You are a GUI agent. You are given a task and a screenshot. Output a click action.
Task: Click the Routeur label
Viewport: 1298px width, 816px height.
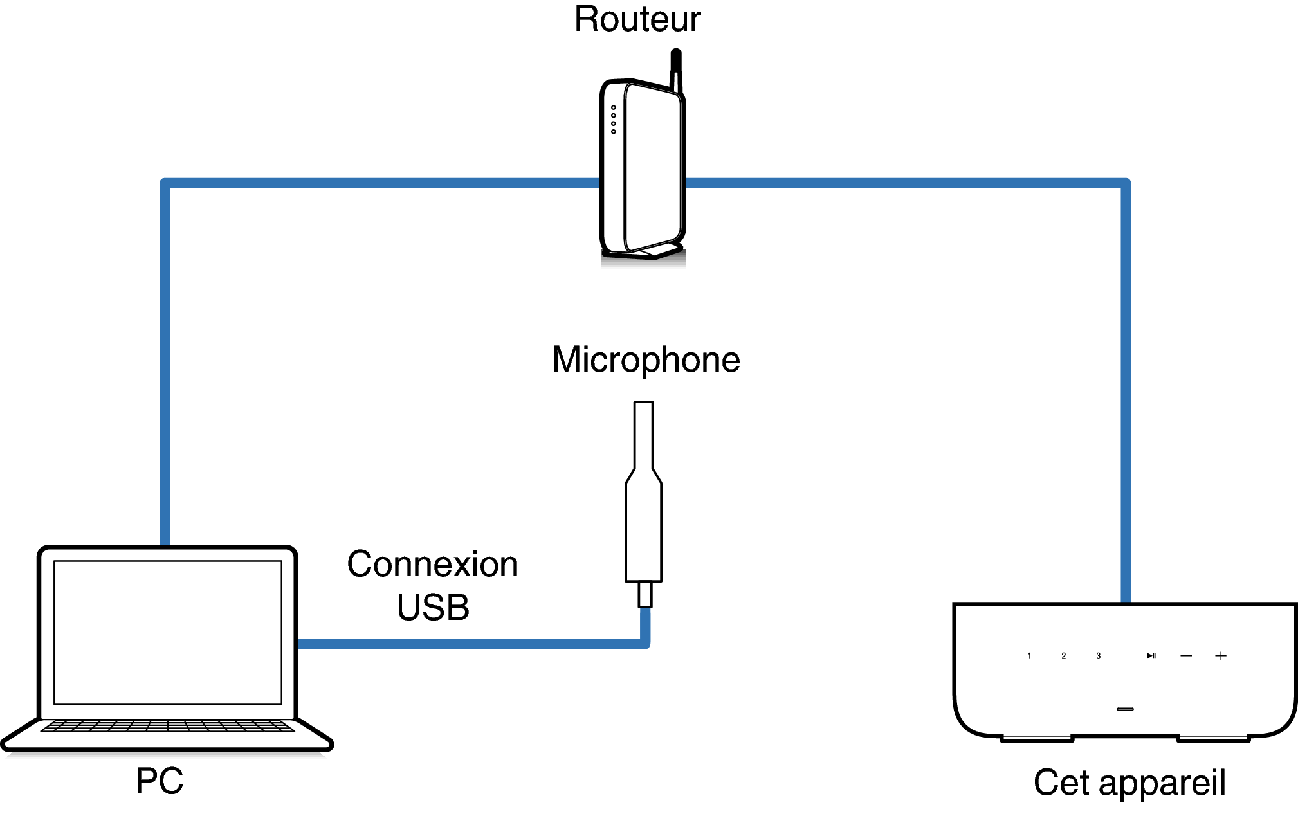637,19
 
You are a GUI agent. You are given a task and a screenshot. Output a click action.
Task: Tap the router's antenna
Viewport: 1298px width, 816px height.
675,68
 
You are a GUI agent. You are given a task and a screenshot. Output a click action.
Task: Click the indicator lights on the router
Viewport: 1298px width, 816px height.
614,120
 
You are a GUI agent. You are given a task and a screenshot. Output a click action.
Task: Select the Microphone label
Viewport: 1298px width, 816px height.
646,359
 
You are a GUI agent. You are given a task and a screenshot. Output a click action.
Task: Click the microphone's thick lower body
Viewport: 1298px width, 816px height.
643,534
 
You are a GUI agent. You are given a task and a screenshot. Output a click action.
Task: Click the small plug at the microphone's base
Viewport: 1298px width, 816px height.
644,594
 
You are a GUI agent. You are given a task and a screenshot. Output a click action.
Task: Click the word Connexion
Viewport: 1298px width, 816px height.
432,565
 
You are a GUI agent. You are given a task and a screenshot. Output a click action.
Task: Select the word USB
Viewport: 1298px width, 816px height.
433,608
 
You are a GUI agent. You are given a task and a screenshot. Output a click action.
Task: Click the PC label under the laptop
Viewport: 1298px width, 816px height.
160,781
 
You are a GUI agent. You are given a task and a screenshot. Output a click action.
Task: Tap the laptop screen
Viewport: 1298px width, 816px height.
168,632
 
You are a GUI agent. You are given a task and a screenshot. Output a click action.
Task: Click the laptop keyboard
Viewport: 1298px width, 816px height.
167,726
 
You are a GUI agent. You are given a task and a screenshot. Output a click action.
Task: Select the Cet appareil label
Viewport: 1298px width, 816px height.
1129,783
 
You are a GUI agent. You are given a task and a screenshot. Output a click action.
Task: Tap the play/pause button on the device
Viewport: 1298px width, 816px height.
1151,656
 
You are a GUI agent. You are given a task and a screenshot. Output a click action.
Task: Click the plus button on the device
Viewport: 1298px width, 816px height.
1221,656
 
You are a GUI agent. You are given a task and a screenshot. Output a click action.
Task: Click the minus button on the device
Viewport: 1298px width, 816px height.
1186,656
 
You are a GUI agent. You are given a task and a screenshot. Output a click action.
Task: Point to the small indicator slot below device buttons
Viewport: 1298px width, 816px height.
1125,709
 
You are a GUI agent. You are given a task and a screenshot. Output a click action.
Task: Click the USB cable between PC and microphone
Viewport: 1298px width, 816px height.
470,644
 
